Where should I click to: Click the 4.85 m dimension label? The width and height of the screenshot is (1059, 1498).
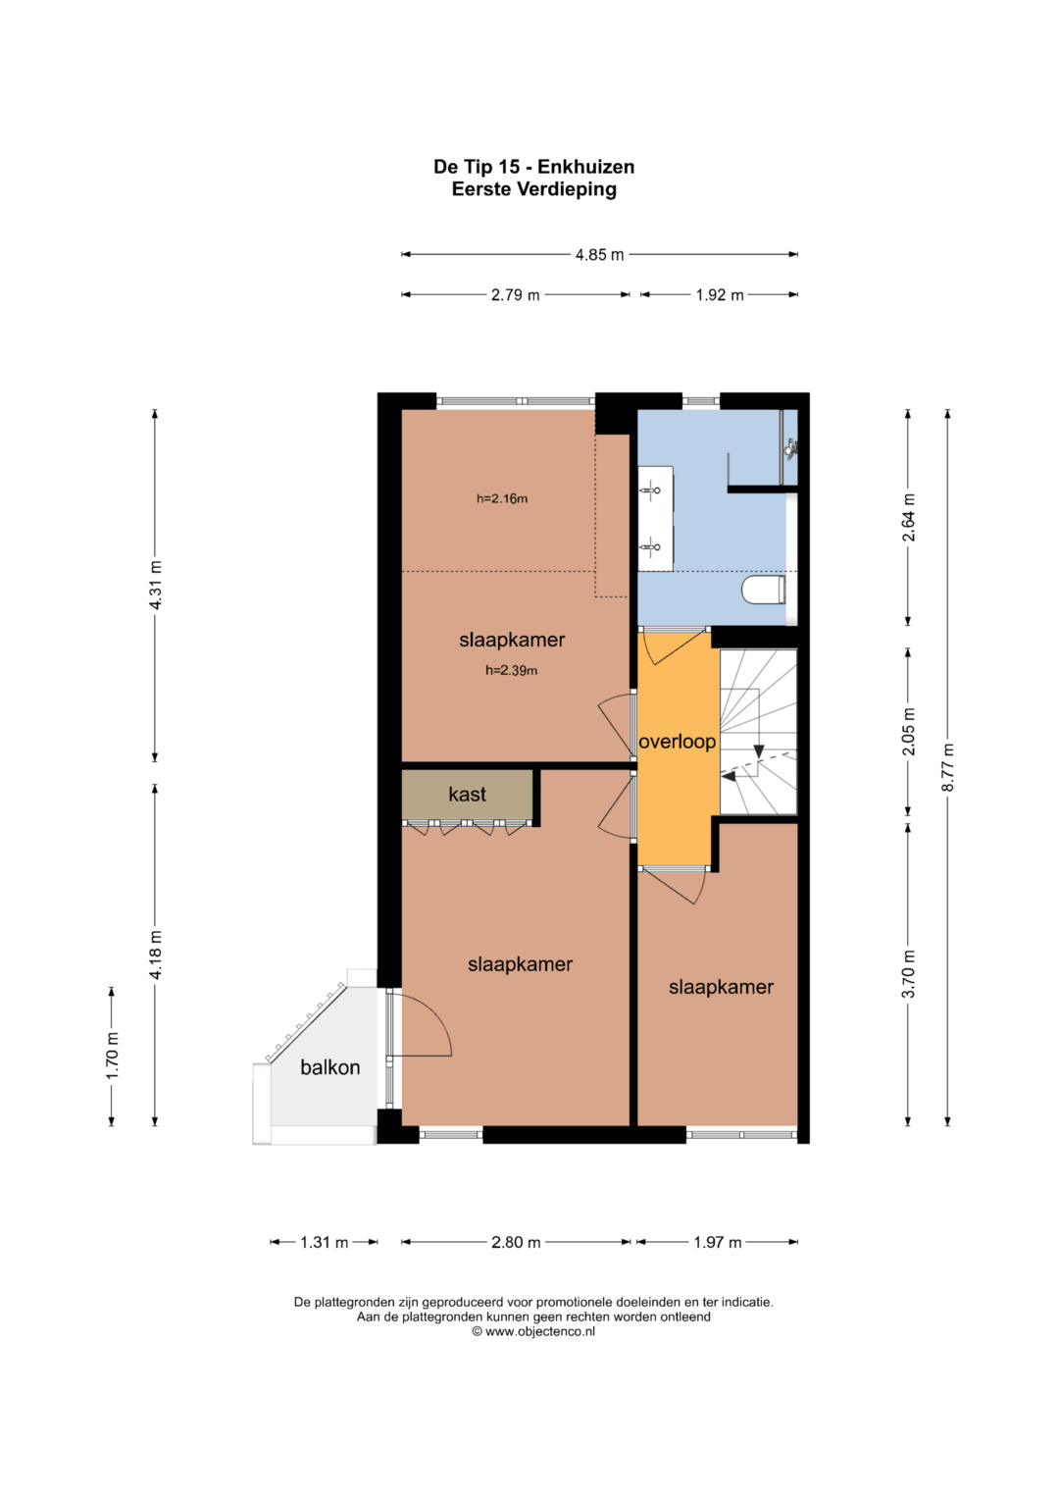click(x=599, y=255)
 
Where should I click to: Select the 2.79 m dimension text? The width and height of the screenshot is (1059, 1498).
click(x=515, y=295)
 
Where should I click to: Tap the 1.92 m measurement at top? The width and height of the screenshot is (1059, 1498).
click(x=720, y=295)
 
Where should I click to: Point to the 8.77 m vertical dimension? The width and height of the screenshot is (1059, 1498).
click(x=947, y=768)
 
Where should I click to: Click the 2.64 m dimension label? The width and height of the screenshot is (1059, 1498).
click(x=908, y=517)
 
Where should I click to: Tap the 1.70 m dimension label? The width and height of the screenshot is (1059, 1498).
click(x=112, y=1056)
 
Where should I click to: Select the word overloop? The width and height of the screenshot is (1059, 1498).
click(x=677, y=742)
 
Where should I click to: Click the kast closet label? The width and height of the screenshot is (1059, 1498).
click(x=467, y=795)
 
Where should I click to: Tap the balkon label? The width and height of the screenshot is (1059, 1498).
click(x=329, y=1067)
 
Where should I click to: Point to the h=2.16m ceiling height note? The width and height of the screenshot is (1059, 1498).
click(x=502, y=498)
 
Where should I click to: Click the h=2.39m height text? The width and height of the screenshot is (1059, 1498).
click(x=512, y=670)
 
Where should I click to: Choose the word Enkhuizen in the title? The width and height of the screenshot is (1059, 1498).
click(x=585, y=167)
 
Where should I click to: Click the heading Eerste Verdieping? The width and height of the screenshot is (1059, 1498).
click(x=534, y=189)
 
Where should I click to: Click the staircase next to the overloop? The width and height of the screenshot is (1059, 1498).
click(x=758, y=732)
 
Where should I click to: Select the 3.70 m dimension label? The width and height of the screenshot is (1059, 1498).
click(x=908, y=974)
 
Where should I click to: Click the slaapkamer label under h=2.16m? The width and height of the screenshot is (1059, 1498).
click(x=512, y=640)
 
